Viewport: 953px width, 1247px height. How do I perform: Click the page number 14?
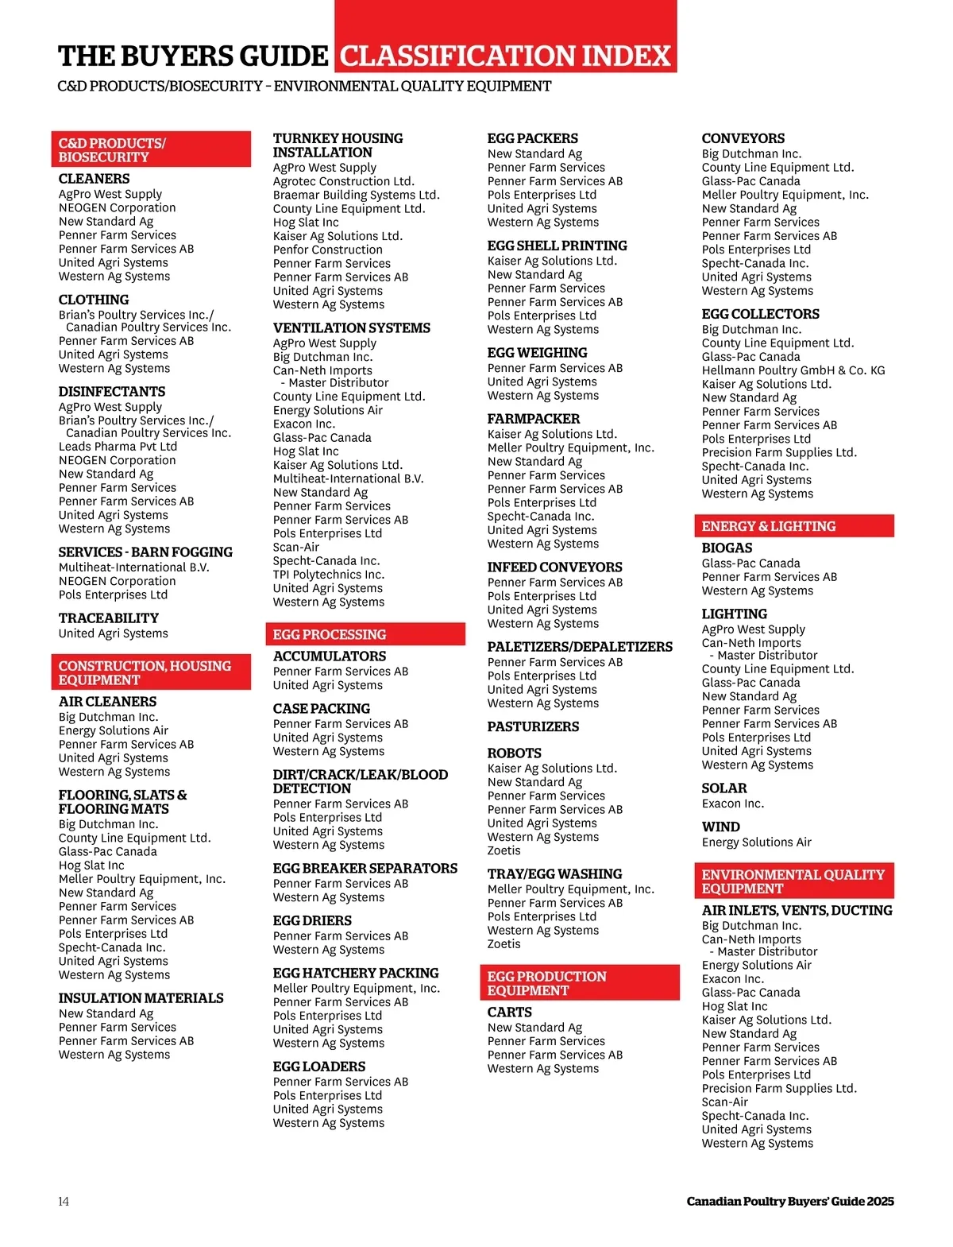(x=64, y=1201)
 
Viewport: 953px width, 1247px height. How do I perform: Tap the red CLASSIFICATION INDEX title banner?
(x=506, y=56)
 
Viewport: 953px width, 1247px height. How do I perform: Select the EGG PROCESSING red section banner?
(x=365, y=634)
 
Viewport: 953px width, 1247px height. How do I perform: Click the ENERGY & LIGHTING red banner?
(x=793, y=526)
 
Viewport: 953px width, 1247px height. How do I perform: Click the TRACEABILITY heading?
(x=108, y=618)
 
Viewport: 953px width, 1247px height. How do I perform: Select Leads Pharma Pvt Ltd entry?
(x=118, y=447)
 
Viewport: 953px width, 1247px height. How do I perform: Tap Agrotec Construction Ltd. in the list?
(x=343, y=181)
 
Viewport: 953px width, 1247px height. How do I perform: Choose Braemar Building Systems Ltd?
(x=356, y=195)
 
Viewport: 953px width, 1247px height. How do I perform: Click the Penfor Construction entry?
(x=327, y=250)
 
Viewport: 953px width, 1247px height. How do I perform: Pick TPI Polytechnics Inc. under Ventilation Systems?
(x=328, y=575)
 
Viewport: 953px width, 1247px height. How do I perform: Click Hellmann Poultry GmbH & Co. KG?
(x=793, y=370)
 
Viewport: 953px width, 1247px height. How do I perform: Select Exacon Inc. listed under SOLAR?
(x=732, y=804)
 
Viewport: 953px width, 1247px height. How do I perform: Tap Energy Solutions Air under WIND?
(x=756, y=842)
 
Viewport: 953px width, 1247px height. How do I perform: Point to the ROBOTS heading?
(x=514, y=753)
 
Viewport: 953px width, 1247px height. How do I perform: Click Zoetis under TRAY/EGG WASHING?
(x=504, y=944)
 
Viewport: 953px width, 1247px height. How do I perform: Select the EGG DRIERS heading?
(x=312, y=920)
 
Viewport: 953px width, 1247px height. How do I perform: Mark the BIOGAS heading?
(x=727, y=548)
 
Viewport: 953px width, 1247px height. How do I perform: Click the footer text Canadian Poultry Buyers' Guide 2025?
(x=789, y=1201)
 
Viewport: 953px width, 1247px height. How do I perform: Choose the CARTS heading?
(x=509, y=1012)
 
